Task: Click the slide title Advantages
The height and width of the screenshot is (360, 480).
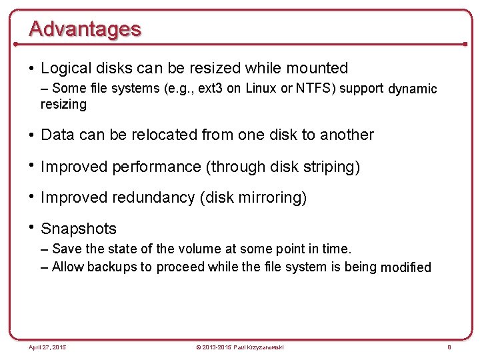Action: [x=85, y=29]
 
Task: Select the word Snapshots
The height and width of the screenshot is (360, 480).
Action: [x=79, y=229]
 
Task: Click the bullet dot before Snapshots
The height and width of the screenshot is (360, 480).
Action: [x=32, y=227]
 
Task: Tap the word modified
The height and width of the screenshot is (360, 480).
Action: [x=405, y=268]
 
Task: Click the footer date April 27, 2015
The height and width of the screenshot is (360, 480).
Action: [x=47, y=347]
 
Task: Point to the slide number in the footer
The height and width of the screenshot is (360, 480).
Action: [x=450, y=347]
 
